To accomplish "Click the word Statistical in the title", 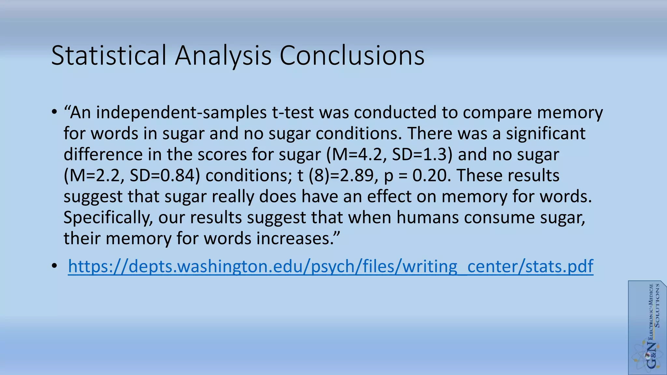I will [x=109, y=55].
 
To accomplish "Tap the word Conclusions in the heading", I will [x=352, y=55].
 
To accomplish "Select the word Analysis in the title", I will [x=223, y=55].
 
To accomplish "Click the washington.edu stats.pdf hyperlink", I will [x=331, y=266].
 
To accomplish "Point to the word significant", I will [x=546, y=133].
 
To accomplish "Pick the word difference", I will [x=103, y=154].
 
